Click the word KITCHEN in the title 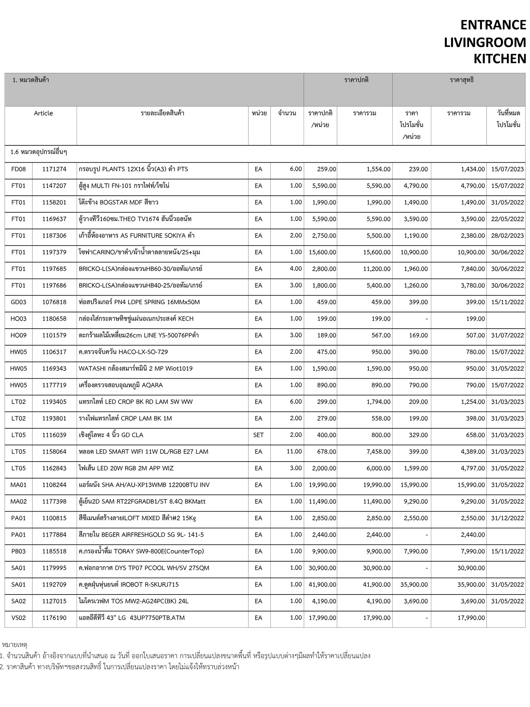(499, 59)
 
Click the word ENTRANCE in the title (493, 25)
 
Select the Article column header (43, 113)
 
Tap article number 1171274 (54, 169)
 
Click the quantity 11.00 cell (294, 452)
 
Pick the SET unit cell (258, 435)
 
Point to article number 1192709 (54, 584)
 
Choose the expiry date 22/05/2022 (507, 219)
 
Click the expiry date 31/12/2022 (507, 518)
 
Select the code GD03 (19, 302)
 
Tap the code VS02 (19, 618)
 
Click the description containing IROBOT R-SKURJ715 (128, 584)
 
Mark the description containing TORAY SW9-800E (141, 551)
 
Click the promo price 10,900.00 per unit (414, 252)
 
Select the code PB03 (19, 551)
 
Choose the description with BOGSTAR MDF (118, 202)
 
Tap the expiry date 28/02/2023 (507, 236)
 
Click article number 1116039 (54, 435)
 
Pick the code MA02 (19, 502)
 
